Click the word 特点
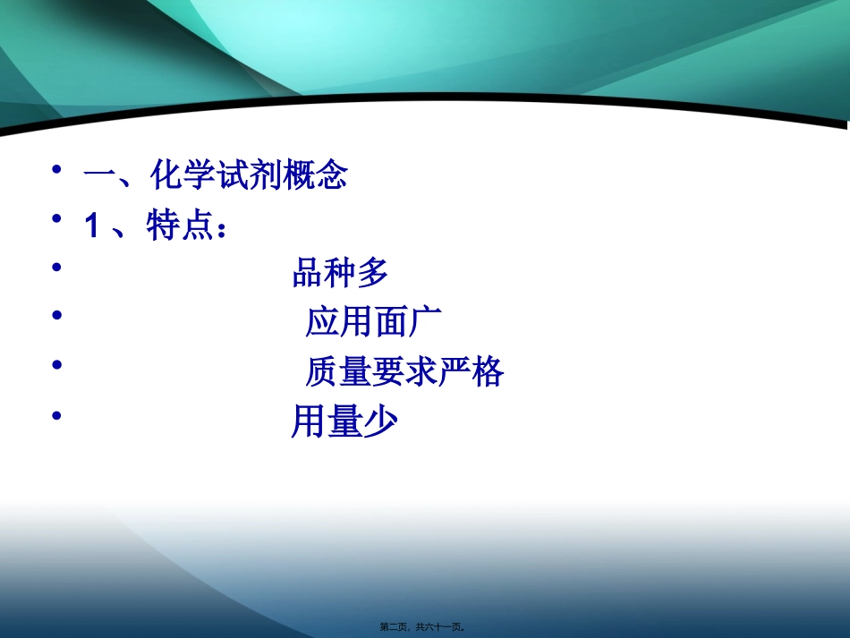[x=175, y=227]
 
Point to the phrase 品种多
[x=340, y=274]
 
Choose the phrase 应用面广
[x=374, y=322]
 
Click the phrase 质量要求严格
[x=404, y=371]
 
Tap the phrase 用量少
[x=344, y=421]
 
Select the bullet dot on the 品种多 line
[x=57, y=267]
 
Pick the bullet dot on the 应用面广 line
[x=57, y=315]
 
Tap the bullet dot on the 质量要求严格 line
[x=57, y=364]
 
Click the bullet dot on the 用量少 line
[x=57, y=414]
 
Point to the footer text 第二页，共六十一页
[x=424, y=627]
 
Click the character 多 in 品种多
[x=373, y=274]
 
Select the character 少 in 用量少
[x=379, y=421]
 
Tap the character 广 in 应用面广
[x=426, y=322]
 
